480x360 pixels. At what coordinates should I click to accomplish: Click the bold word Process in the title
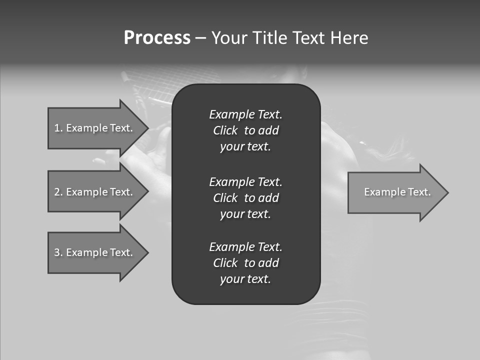[x=157, y=38]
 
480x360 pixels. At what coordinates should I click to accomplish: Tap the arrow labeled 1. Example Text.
[x=93, y=128]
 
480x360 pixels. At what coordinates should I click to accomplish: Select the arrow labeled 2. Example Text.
[x=93, y=192]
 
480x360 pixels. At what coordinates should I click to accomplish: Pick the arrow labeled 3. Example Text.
[x=93, y=252]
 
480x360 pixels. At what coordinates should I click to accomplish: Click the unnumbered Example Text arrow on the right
[x=397, y=192]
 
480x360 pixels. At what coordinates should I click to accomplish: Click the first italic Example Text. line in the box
[x=245, y=114]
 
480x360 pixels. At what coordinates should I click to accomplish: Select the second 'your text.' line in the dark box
[x=245, y=214]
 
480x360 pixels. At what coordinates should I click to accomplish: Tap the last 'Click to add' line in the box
[x=245, y=263]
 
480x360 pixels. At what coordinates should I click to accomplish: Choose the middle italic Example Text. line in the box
[x=245, y=181]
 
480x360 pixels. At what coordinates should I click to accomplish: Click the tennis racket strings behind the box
[x=150, y=87]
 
